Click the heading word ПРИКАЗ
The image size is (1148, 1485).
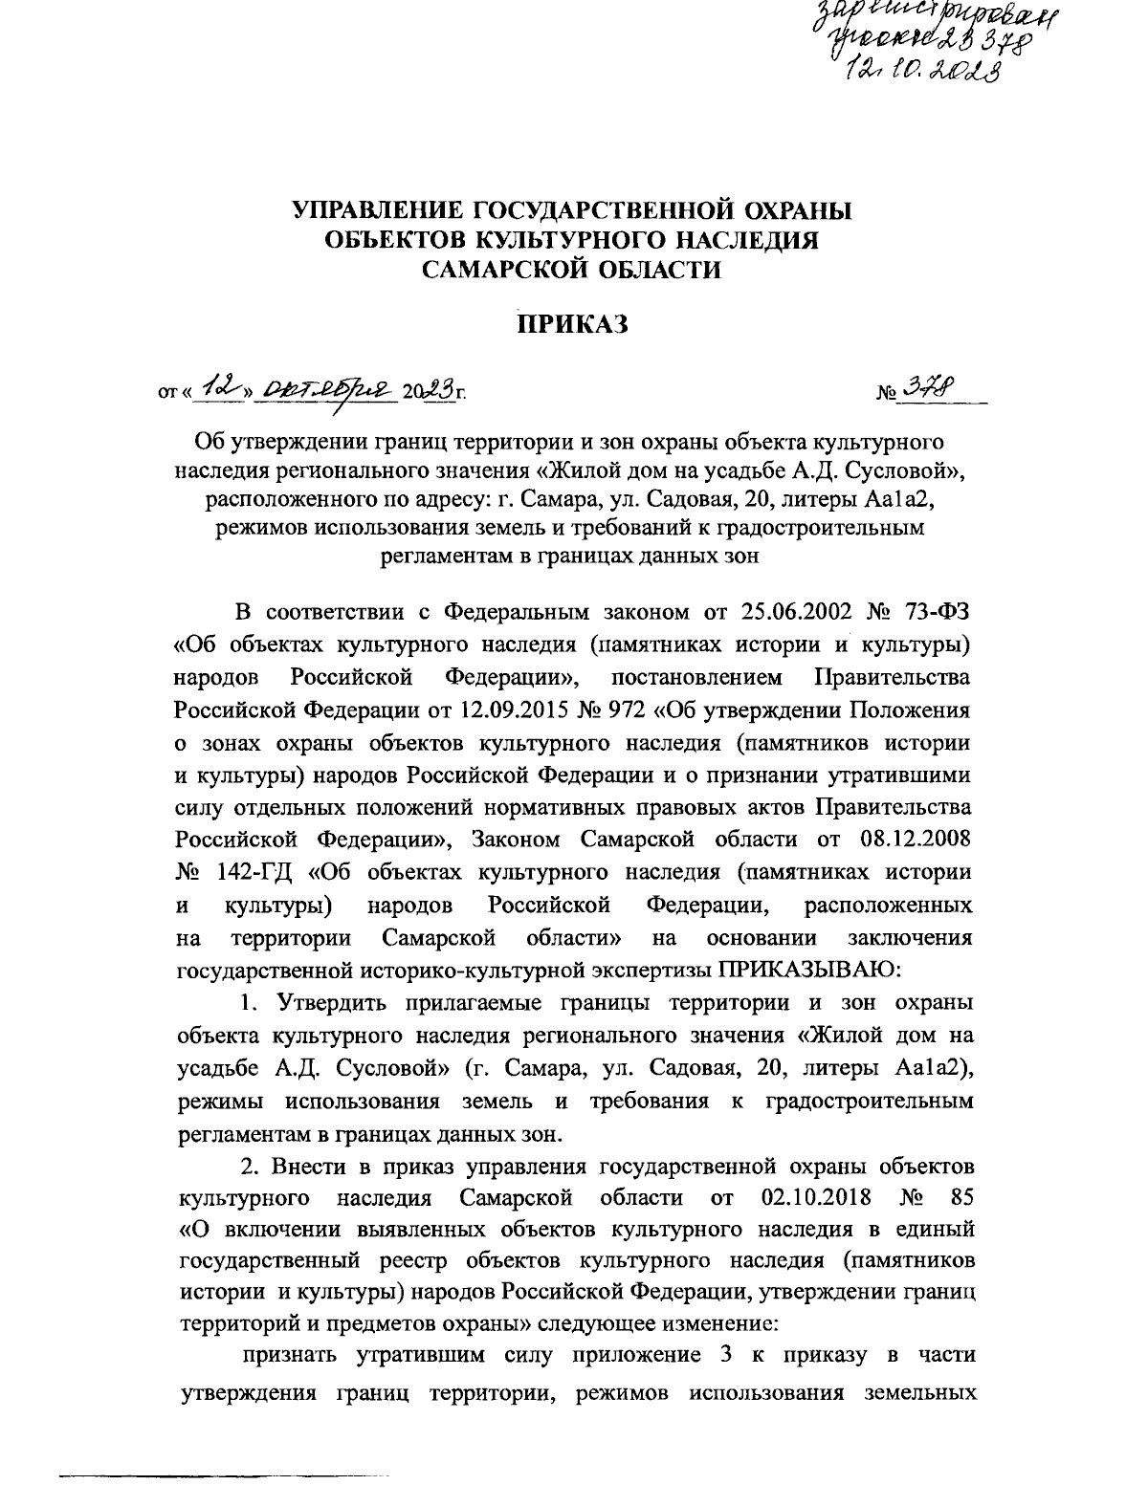point(572,325)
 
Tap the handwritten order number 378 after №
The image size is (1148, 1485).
point(924,389)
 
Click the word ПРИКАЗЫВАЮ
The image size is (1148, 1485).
point(809,971)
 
